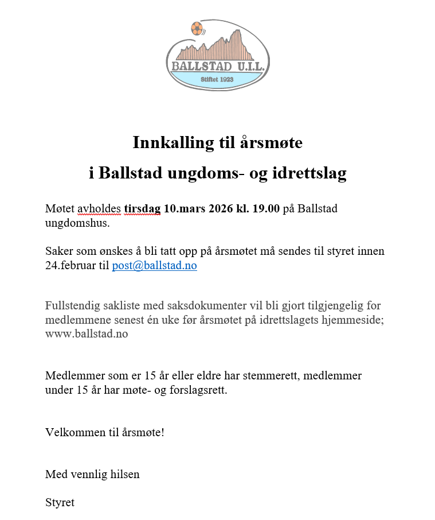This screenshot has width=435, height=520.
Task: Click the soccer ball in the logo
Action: pos(197,28)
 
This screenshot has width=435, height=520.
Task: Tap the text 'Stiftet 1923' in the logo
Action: pos(217,79)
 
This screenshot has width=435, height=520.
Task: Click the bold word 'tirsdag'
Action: pos(142,208)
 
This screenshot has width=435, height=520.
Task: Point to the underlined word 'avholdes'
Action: pos(100,208)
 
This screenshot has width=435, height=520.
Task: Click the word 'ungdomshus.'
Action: pos(77,223)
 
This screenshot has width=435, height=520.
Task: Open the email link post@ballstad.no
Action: pos(154,266)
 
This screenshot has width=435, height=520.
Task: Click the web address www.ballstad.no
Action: pos(87,334)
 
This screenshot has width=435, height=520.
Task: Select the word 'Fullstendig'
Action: pos(73,305)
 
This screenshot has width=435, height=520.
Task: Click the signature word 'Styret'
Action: pos(60,503)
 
